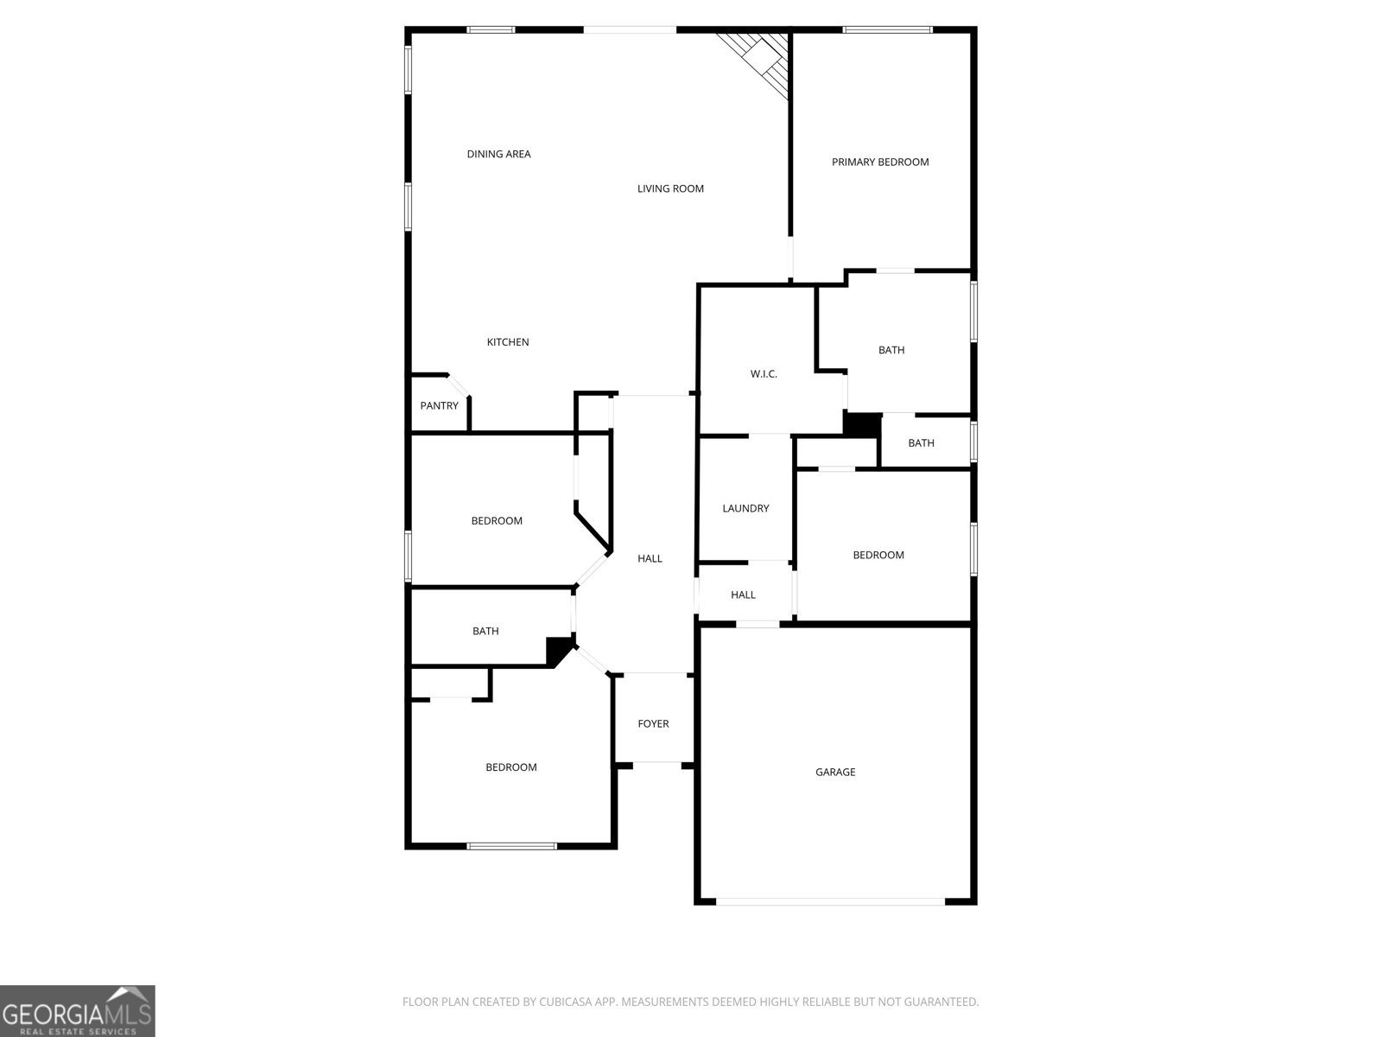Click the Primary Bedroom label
(x=880, y=162)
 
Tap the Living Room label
(x=670, y=189)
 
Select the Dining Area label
(x=498, y=155)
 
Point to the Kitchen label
(x=508, y=342)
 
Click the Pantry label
(x=439, y=406)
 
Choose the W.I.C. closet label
(x=764, y=374)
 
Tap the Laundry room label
(x=745, y=509)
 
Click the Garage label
(x=835, y=773)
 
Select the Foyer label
(x=653, y=724)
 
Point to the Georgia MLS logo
(x=78, y=1010)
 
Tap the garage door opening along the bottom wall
(x=831, y=902)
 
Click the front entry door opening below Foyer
(x=657, y=763)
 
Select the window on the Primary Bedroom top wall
(x=887, y=30)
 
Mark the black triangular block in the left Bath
(x=559, y=650)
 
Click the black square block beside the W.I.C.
(x=861, y=424)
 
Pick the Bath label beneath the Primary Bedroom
(x=891, y=351)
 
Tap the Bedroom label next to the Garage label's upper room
(x=878, y=556)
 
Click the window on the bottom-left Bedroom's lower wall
(x=512, y=846)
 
